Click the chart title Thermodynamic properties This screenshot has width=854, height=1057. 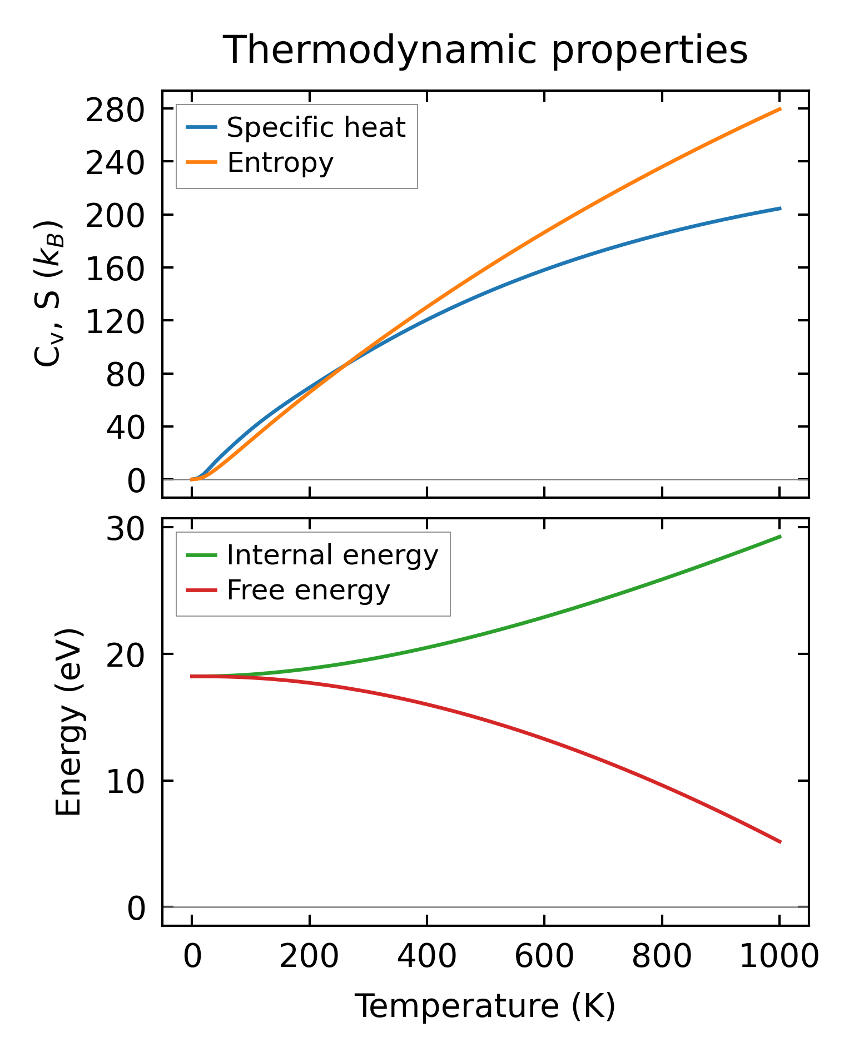(x=485, y=51)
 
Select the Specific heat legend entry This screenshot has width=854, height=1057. (x=316, y=128)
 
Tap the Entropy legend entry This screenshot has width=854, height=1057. (x=280, y=163)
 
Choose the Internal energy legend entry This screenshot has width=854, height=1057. (x=332, y=555)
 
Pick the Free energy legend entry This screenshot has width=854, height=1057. (x=308, y=590)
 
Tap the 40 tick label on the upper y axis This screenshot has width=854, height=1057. (x=126, y=427)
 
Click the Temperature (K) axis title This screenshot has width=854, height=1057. (x=485, y=1006)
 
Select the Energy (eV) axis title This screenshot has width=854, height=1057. (x=69, y=722)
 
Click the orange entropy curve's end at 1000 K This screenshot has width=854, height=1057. (x=780, y=109)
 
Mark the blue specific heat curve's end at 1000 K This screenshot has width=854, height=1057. (x=780, y=209)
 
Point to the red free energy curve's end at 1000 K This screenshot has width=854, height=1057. (x=780, y=842)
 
